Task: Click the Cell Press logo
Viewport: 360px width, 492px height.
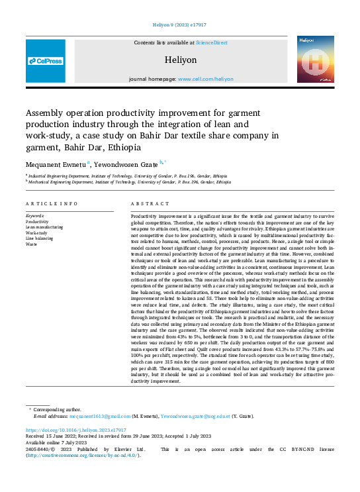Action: [46, 61]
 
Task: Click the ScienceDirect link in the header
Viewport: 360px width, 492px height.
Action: [211, 42]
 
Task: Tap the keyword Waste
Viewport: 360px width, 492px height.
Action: [31, 244]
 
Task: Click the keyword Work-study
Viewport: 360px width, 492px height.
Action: [37, 233]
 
